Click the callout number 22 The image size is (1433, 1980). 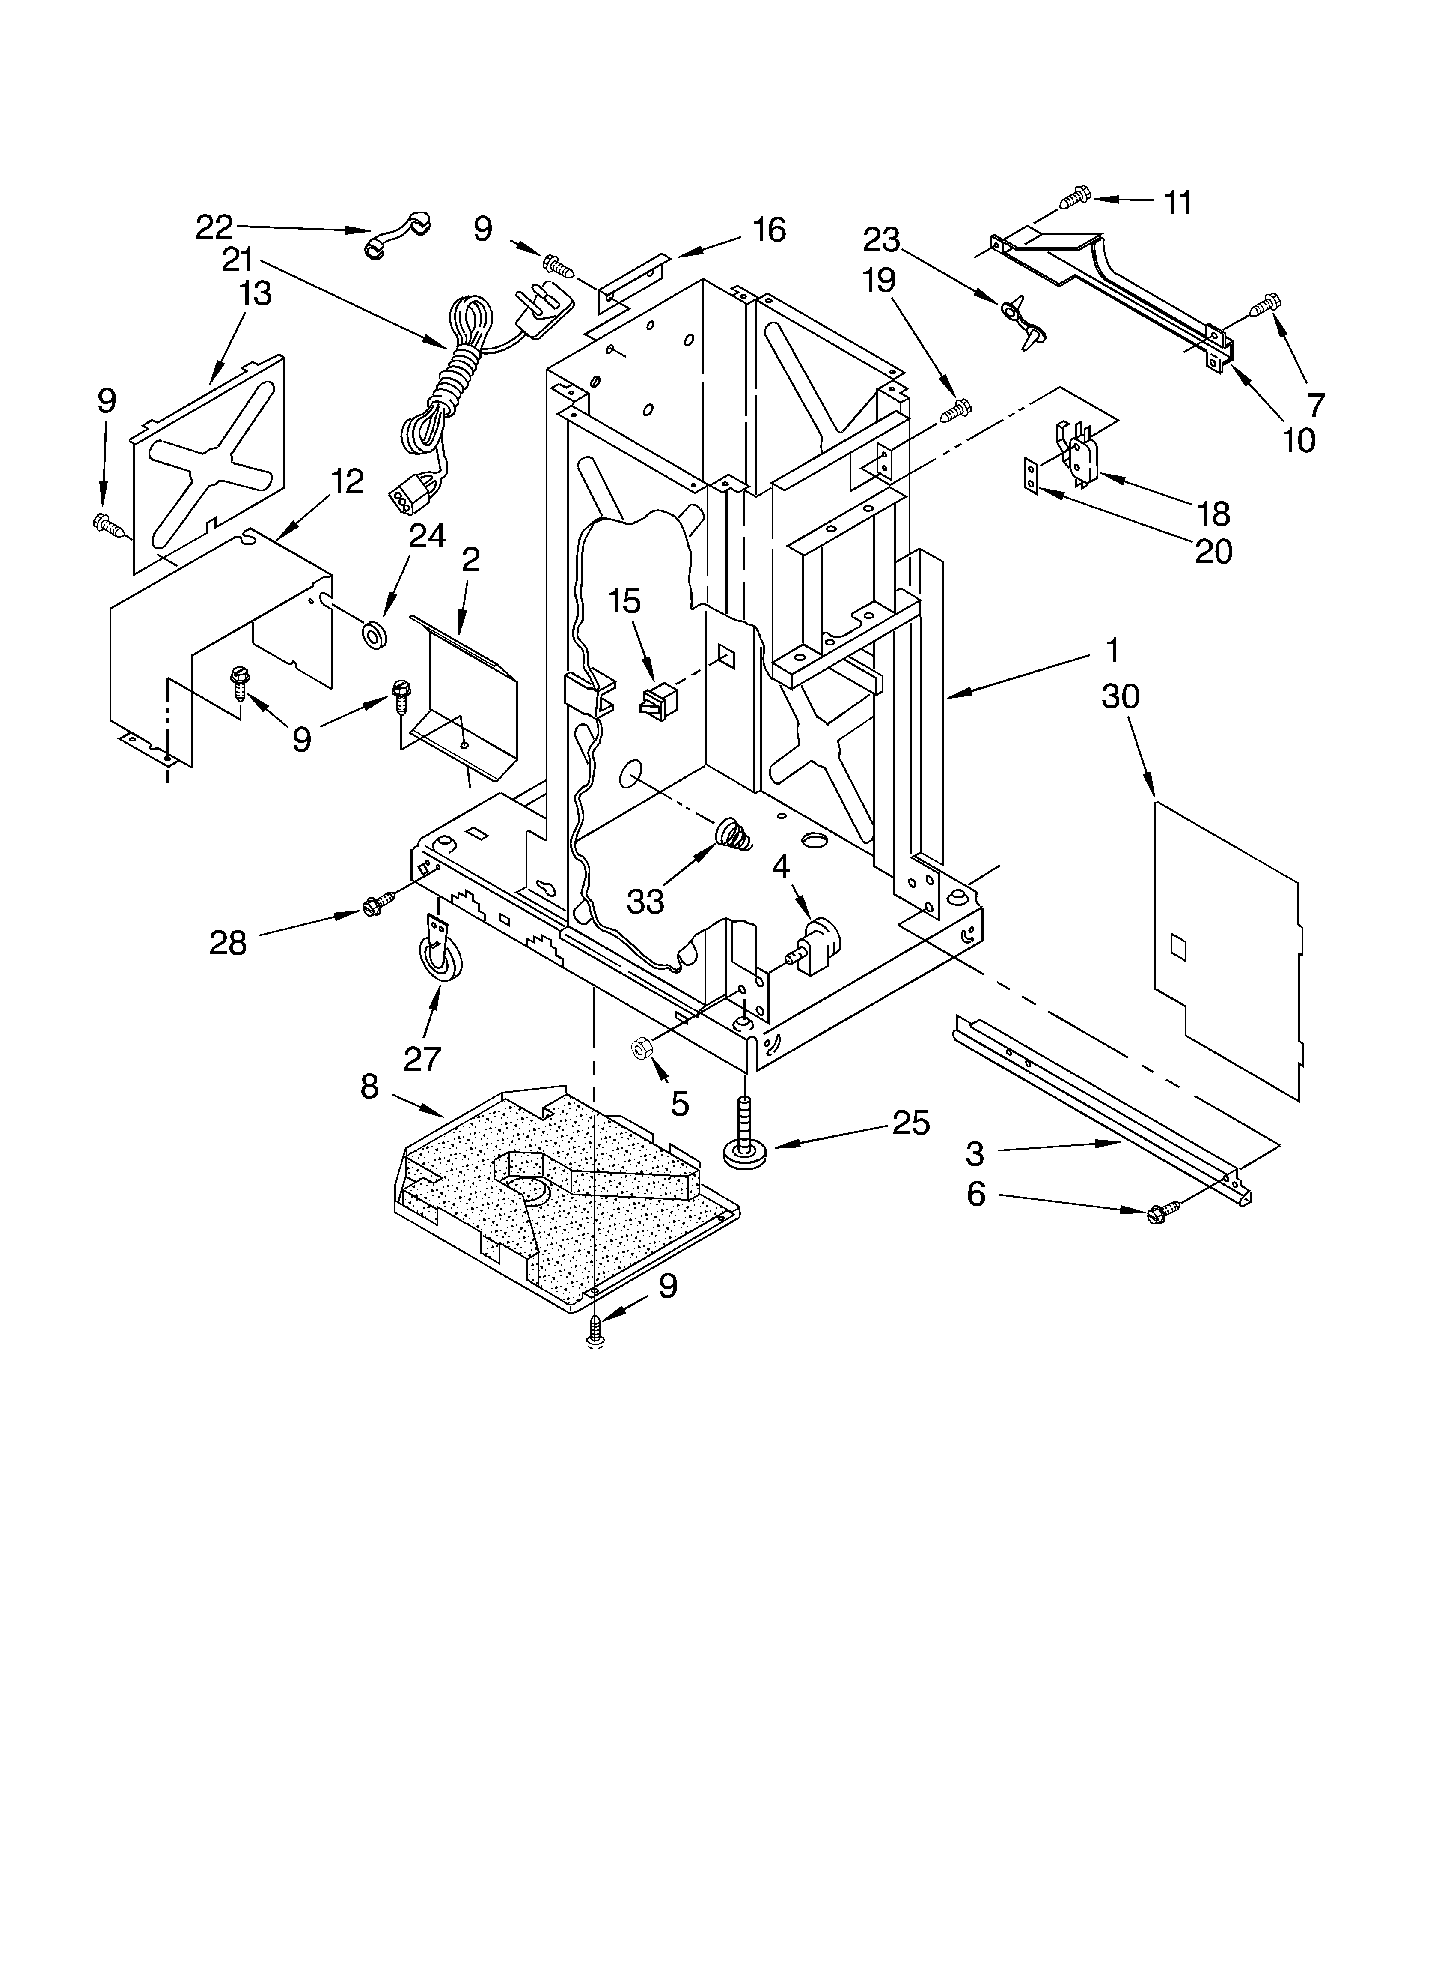[214, 227]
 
